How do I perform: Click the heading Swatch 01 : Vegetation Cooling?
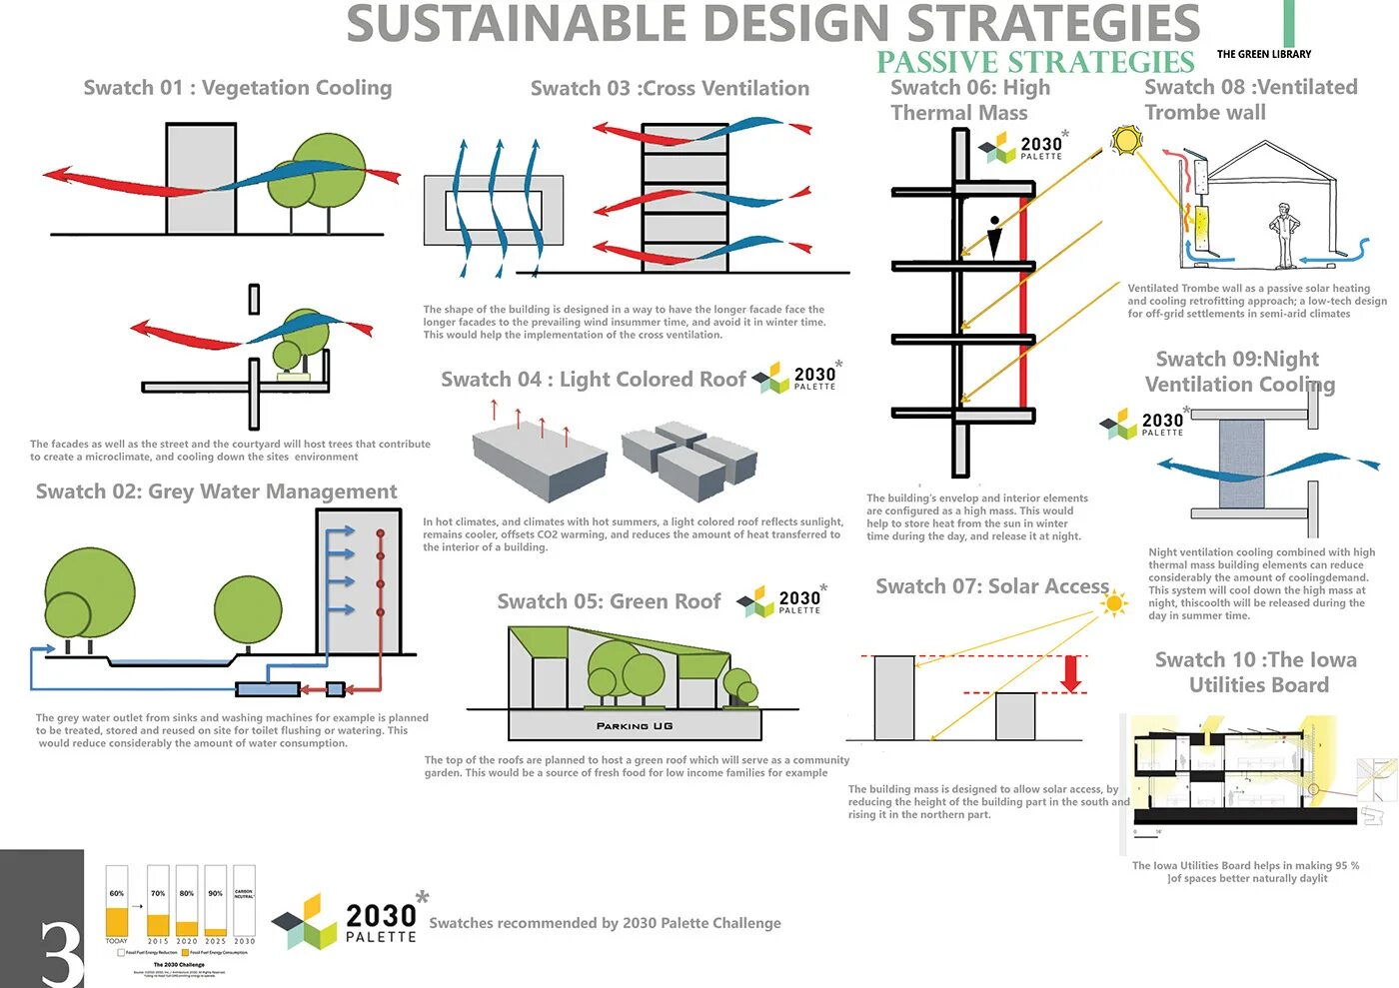[x=238, y=88]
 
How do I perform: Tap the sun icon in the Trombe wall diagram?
[x=1126, y=140]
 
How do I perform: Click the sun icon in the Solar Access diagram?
[x=1112, y=603]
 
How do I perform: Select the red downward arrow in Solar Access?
[x=1071, y=673]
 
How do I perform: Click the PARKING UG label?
[x=635, y=726]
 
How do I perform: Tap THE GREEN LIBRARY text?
[x=1263, y=54]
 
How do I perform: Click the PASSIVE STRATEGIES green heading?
[x=1035, y=62]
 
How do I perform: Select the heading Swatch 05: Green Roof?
[x=609, y=601]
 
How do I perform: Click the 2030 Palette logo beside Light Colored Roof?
[x=796, y=378]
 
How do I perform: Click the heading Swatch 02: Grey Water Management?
[x=216, y=492]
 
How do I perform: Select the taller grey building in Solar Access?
[x=893, y=697]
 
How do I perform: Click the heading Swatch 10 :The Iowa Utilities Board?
[x=1256, y=672]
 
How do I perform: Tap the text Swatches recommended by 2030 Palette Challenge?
[x=605, y=923]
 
